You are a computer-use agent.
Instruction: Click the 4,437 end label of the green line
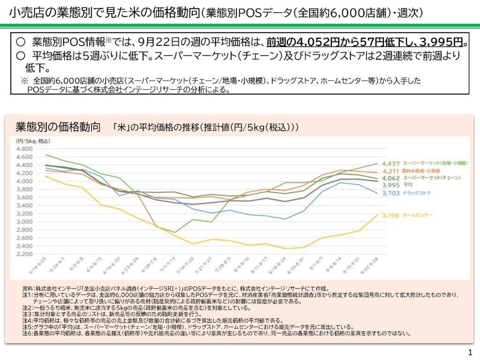(x=390, y=164)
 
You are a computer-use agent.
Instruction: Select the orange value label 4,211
(x=390, y=171)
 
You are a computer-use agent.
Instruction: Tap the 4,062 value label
(x=390, y=178)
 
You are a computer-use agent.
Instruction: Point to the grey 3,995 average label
(x=390, y=185)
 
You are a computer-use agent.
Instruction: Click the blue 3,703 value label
(x=390, y=193)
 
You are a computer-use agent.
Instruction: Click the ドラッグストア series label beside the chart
(x=417, y=193)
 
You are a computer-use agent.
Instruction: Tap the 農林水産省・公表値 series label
(x=424, y=171)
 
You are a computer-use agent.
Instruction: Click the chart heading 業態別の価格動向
(x=58, y=127)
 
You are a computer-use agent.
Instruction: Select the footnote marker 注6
(x=27, y=334)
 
